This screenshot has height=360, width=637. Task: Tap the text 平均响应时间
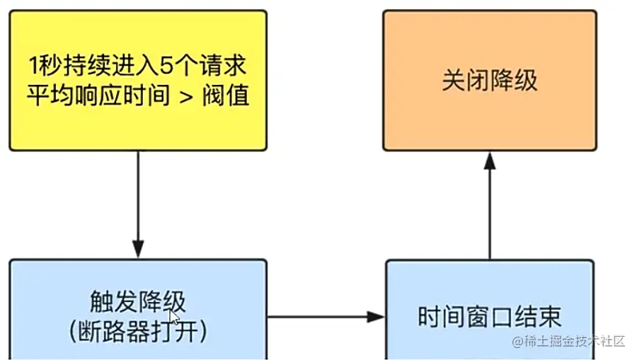click(x=99, y=95)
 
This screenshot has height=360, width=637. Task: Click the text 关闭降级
click(x=490, y=80)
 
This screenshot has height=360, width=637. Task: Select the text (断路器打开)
click(x=138, y=331)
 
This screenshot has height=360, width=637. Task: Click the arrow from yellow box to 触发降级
click(x=138, y=205)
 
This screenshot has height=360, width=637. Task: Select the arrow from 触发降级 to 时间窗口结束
click(x=326, y=316)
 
